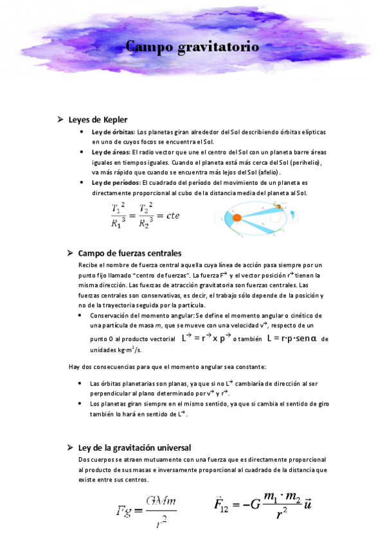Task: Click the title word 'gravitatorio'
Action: pos(220,47)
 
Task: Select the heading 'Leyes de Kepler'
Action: pos(98,120)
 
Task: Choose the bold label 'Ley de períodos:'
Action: pos(116,183)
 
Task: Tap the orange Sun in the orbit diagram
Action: pos(236,217)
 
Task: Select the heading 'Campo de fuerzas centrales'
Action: pos(129,253)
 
